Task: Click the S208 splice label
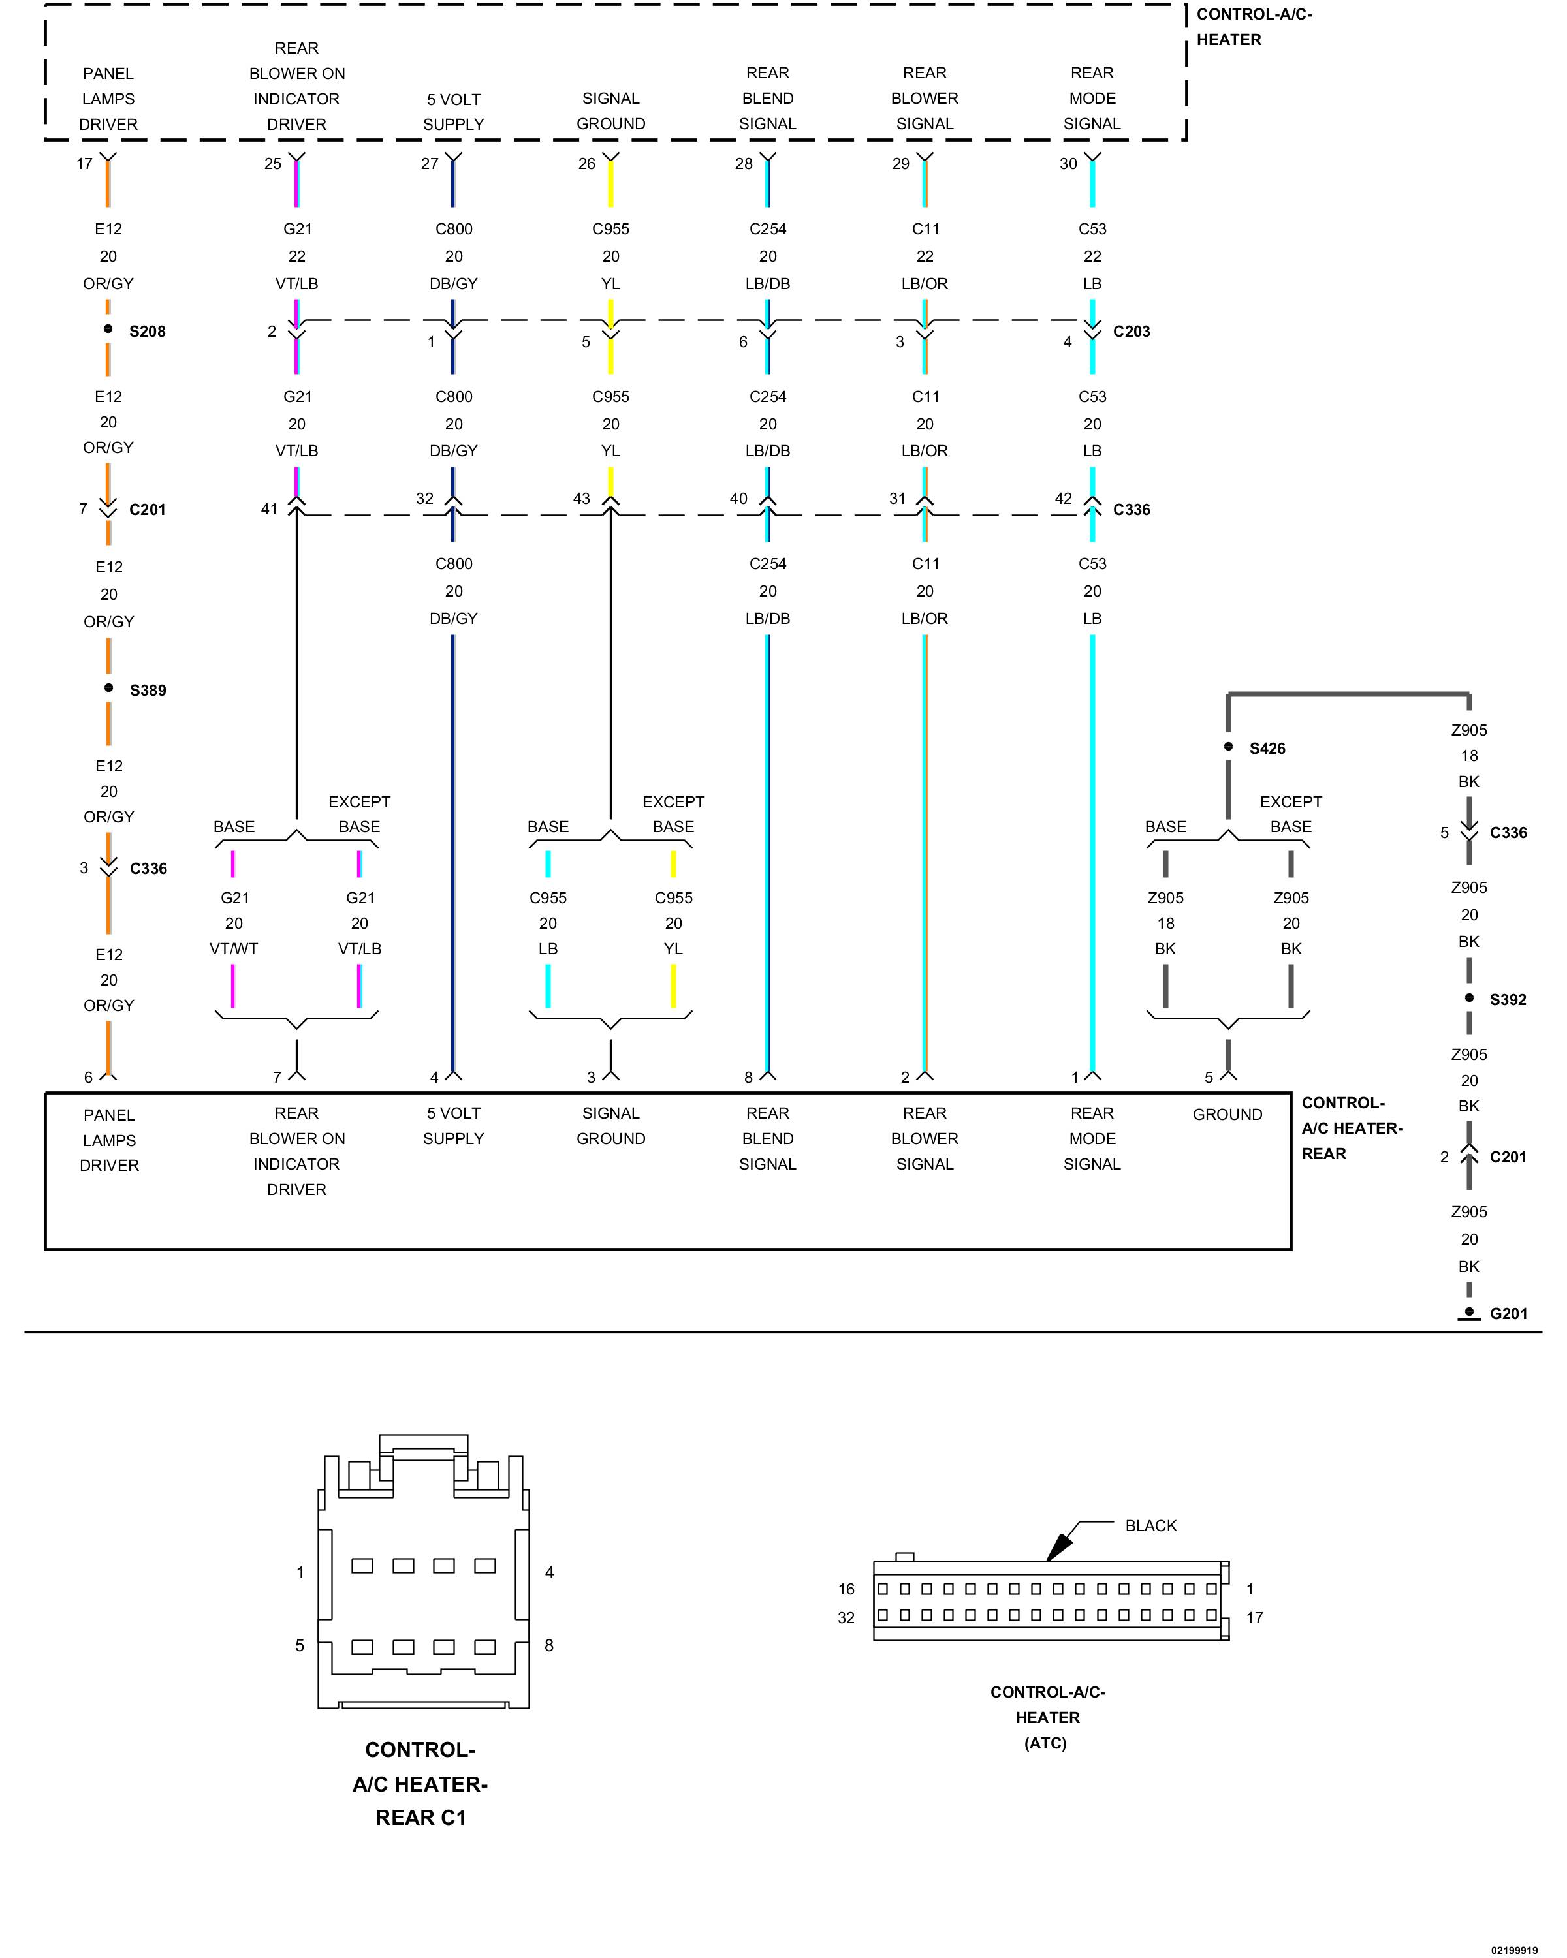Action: click(147, 332)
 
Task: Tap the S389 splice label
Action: click(148, 691)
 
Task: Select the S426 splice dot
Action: click(1228, 747)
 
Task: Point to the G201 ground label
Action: click(1508, 1313)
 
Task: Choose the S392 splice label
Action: click(1508, 1000)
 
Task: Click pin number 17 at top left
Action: click(84, 163)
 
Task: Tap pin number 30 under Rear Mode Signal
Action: click(1068, 163)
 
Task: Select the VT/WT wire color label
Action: click(234, 949)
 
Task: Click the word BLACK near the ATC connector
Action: click(1151, 1526)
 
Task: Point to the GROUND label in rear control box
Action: click(1227, 1114)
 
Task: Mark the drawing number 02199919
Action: click(1513, 1950)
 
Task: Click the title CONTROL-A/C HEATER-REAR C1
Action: click(420, 1784)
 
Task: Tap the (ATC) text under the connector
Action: click(1045, 1743)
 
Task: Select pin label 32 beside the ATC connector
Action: click(846, 1617)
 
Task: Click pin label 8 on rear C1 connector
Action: click(548, 1645)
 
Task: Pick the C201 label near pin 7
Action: click(147, 510)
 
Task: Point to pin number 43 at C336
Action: click(581, 499)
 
